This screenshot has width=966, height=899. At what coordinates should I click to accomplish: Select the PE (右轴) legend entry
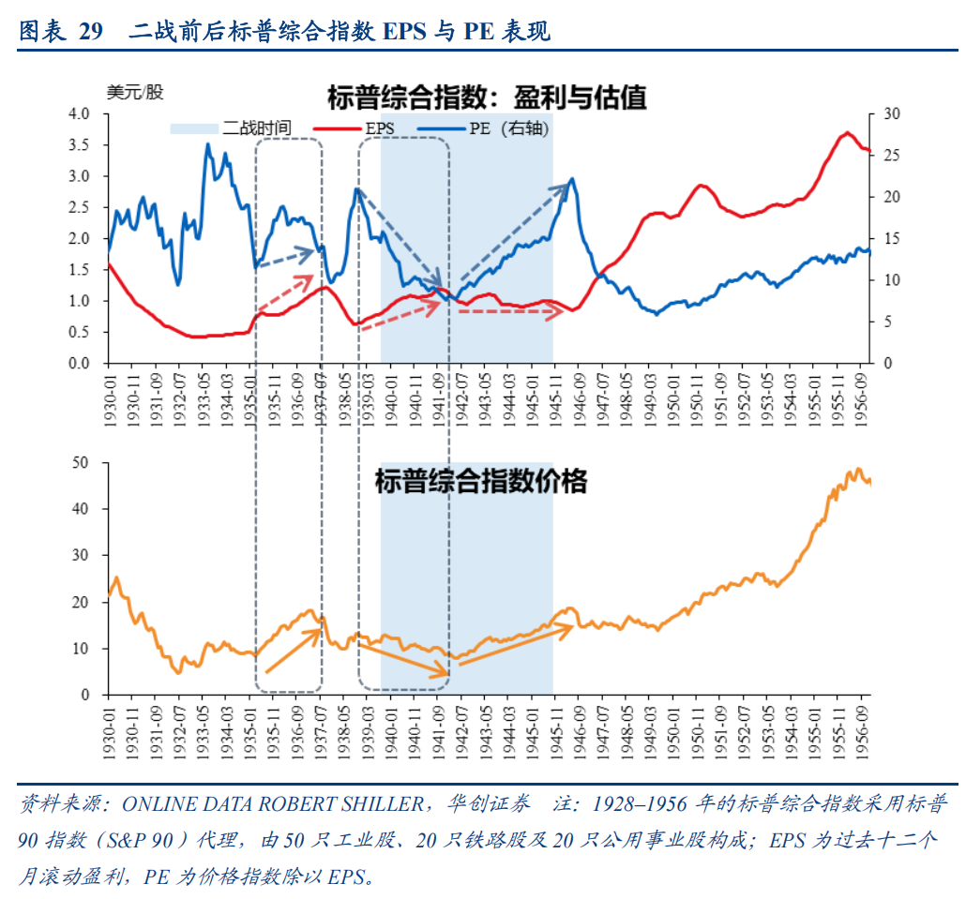[507, 128]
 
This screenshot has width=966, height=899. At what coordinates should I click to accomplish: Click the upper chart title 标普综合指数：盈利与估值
[487, 97]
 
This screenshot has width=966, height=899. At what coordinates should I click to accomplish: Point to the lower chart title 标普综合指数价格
[480, 482]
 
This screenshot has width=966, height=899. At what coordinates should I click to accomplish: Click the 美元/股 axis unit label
[135, 92]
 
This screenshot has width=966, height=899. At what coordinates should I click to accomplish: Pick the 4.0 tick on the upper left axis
[89, 114]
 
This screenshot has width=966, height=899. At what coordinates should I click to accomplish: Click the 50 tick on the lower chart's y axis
[92, 463]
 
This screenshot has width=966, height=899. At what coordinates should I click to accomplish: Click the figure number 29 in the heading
[90, 33]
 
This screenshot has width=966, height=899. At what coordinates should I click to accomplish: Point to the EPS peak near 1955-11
[846, 133]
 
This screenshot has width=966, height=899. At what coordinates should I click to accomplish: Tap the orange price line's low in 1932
[177, 672]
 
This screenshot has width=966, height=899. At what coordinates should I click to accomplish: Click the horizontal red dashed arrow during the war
[507, 309]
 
